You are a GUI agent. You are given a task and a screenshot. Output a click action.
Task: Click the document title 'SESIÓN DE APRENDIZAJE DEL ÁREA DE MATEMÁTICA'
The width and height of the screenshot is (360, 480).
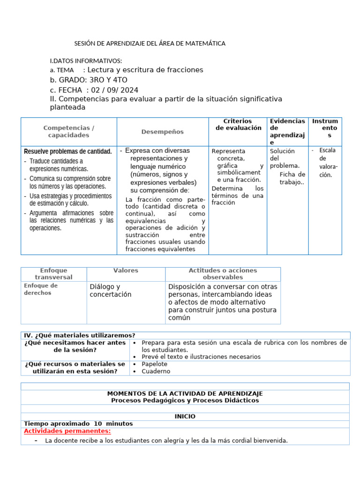click(x=150, y=44)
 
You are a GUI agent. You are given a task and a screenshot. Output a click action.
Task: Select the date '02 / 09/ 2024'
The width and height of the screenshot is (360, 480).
click(x=115, y=90)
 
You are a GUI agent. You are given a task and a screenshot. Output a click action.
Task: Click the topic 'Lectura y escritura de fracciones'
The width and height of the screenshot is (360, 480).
click(x=146, y=70)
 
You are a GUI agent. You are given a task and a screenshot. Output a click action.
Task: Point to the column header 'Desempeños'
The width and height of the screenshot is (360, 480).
click(x=162, y=132)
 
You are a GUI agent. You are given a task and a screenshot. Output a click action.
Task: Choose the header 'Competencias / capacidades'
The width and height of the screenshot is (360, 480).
click(x=68, y=132)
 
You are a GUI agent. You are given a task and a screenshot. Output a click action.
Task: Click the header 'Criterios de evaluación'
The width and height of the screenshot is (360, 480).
click(x=238, y=125)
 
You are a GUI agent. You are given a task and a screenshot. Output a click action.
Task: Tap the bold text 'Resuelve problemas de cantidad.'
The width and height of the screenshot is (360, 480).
click(x=68, y=151)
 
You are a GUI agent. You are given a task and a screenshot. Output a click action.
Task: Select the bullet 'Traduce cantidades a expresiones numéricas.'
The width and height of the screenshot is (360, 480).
click(x=59, y=165)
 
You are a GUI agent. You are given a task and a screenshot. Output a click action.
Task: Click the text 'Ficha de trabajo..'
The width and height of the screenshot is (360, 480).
click(x=292, y=179)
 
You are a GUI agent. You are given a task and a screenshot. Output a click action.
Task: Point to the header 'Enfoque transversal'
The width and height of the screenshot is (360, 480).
click(x=53, y=274)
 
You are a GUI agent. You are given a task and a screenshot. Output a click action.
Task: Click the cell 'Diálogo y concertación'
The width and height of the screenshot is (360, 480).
click(x=111, y=291)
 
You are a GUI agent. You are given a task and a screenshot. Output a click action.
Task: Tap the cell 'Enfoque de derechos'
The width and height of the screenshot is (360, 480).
click(x=41, y=289)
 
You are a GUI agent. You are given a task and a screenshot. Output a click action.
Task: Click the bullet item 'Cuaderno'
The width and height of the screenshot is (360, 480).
click(x=156, y=372)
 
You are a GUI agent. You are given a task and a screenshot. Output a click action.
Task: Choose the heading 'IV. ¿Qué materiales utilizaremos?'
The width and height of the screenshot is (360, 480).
click(x=80, y=335)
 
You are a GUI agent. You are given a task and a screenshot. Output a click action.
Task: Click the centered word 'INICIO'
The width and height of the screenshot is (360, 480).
click(x=185, y=416)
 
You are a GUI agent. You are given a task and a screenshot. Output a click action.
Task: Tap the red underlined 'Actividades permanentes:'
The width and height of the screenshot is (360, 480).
click(x=67, y=431)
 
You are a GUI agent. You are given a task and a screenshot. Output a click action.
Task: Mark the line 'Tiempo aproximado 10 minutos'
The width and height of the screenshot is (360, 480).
click(x=78, y=424)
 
